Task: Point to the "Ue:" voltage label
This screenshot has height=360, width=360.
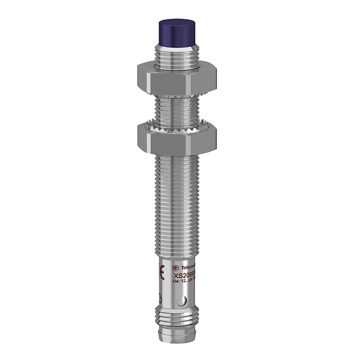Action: point(176,282)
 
